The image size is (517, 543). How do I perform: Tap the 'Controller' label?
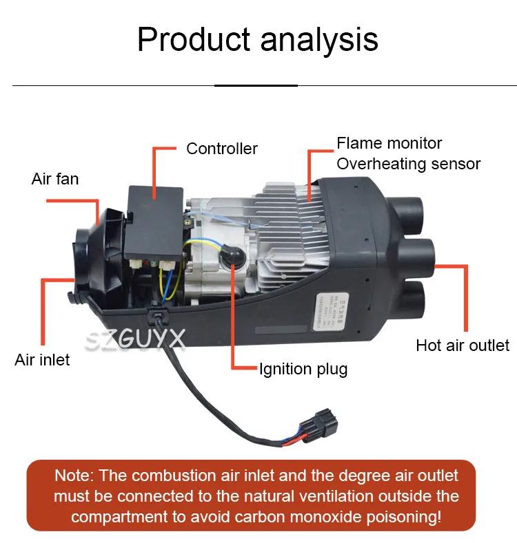(222, 149)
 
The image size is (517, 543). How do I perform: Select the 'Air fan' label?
(55, 179)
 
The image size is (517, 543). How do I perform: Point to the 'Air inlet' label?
(42, 360)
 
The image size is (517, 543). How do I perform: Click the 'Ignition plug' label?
(303, 369)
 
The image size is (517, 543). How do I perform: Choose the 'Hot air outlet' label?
(463, 345)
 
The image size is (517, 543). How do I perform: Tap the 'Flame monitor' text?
(389, 143)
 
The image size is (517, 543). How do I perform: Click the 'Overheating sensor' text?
(408, 164)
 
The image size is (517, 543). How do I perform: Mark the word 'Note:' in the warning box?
(77, 476)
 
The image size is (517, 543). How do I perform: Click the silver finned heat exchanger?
(290, 220)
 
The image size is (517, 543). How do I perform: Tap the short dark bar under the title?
(256, 85)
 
